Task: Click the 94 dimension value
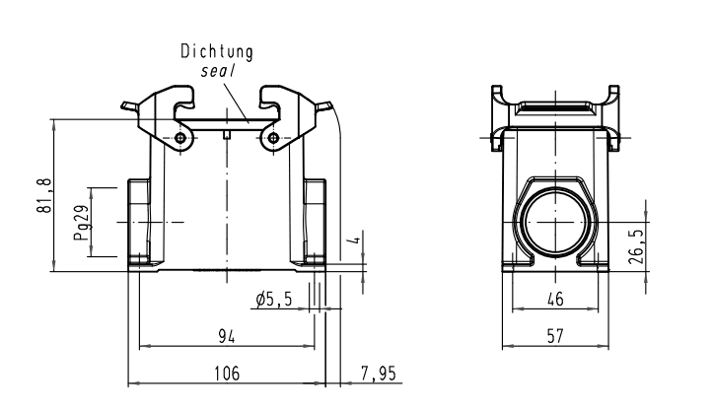(x=226, y=337)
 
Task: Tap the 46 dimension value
(x=557, y=297)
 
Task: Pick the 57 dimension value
(x=557, y=336)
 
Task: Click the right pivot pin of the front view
(x=273, y=138)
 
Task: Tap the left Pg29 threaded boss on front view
(x=139, y=220)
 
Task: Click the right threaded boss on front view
(x=315, y=220)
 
